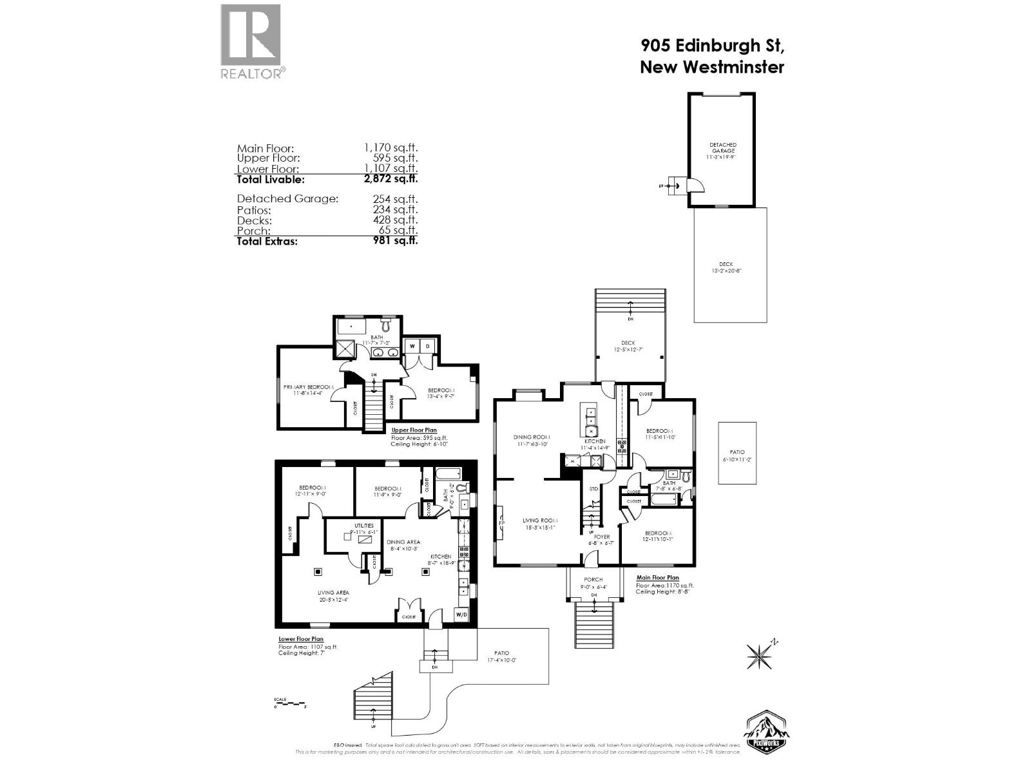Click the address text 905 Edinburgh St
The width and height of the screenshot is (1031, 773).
tap(711, 46)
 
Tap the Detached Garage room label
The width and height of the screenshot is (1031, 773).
tap(722, 148)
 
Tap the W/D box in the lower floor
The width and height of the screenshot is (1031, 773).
tap(461, 615)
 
